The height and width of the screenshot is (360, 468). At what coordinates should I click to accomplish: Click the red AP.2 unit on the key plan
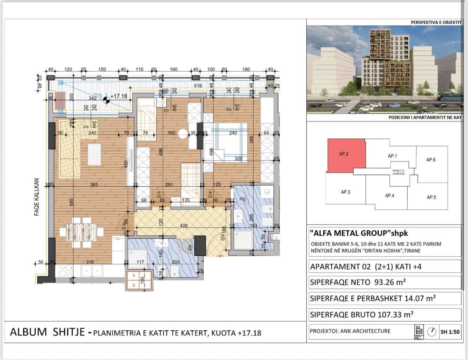pyautogui.click(x=346, y=156)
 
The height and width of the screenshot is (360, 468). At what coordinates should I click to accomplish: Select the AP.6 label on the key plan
pyautogui.click(x=431, y=160)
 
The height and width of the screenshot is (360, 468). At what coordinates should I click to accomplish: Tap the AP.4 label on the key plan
pyautogui.click(x=390, y=196)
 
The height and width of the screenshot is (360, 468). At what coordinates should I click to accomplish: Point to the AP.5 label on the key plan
pyautogui.click(x=431, y=197)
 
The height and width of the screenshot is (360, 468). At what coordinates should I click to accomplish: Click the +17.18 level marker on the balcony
pyautogui.click(x=119, y=96)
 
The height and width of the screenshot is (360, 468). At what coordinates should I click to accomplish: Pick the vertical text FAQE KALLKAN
pyautogui.click(x=36, y=197)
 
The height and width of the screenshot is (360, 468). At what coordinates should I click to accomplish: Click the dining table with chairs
pyautogui.click(x=82, y=232)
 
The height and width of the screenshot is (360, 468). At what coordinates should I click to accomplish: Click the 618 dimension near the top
pyautogui.click(x=198, y=86)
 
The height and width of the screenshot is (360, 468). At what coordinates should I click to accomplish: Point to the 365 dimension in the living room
pyautogui.click(x=94, y=185)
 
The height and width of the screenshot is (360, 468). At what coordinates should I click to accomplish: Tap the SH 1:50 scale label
pyautogui.click(x=450, y=332)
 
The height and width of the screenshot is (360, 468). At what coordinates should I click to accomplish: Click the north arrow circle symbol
pyautogui.click(x=432, y=332)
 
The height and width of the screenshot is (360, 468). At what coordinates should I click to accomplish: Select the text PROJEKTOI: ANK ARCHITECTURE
pyautogui.click(x=350, y=331)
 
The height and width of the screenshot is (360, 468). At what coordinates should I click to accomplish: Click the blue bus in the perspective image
pyautogui.click(x=450, y=97)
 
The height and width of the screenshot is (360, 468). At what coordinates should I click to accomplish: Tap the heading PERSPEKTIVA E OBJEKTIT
pyautogui.click(x=436, y=23)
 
